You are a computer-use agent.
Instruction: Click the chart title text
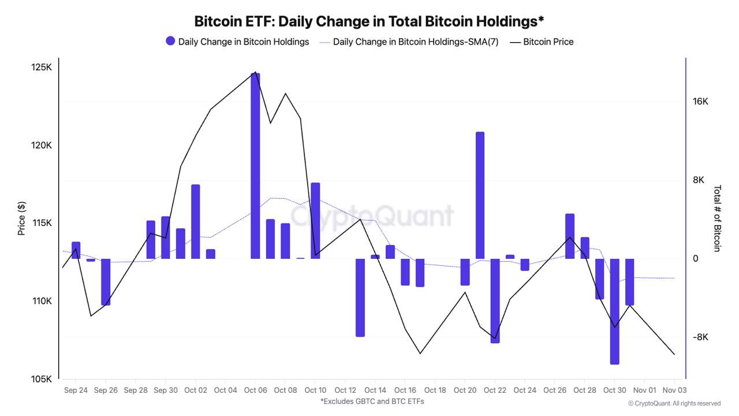coord(369,21)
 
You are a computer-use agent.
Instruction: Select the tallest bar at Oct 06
coord(255,166)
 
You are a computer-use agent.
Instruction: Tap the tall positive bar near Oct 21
coord(480,195)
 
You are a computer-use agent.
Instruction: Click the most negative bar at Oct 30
coord(614,311)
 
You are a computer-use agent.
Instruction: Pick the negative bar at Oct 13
coord(360,298)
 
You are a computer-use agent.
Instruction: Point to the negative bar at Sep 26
coord(106,282)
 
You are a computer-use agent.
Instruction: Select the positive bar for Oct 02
coord(196,221)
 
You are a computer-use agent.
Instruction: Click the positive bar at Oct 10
coord(315,221)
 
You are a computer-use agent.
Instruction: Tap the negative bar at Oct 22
coord(495,300)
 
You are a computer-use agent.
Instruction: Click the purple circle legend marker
coord(170,41)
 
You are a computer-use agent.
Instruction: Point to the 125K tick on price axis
coord(42,68)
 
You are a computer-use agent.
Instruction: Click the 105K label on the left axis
coord(42,379)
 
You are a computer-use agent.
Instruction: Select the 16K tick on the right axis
coord(700,102)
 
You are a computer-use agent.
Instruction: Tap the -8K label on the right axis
coord(700,337)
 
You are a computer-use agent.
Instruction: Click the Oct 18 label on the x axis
coord(435,390)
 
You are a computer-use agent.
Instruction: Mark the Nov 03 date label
coord(674,390)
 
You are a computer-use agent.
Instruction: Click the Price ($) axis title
coord(22,218)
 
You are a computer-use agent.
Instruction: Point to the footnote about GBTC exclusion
coord(372,401)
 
